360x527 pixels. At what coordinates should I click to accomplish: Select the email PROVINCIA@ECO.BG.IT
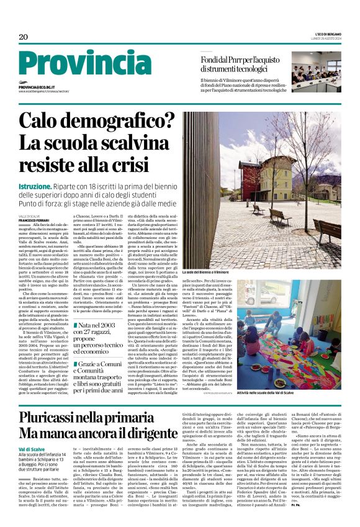[37, 88]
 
